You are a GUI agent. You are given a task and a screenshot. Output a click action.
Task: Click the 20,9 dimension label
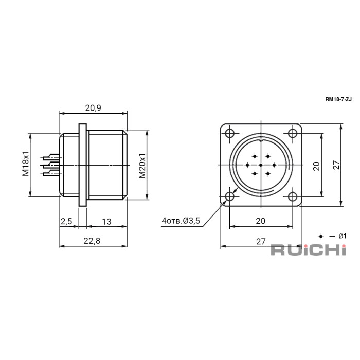tap(93, 107)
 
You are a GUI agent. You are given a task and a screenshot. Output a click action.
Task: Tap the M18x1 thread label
tap(26, 163)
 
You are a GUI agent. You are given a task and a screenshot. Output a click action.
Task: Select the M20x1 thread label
tap(142, 166)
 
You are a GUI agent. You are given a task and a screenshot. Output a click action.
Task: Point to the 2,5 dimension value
tap(66, 221)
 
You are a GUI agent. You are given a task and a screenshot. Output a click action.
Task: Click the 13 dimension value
tap(107, 222)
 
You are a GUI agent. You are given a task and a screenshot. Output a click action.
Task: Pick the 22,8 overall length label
tap(92, 241)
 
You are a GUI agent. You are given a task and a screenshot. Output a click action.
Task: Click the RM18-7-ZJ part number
tap(338, 99)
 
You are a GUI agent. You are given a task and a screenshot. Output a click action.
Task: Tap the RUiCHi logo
tap(309, 250)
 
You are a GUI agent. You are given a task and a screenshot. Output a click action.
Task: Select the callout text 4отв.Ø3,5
tap(181, 221)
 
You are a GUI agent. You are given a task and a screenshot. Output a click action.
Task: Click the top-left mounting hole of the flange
tap(229, 133)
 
